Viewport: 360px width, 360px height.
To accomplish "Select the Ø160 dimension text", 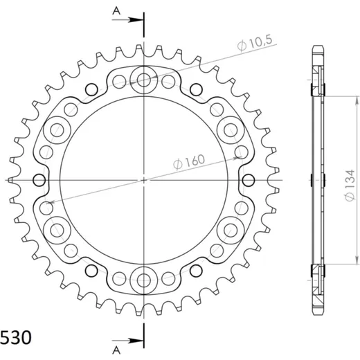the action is coord(189,161).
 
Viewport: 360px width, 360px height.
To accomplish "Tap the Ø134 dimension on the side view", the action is coord(350,186).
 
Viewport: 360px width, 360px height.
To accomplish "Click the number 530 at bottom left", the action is coord(16,338).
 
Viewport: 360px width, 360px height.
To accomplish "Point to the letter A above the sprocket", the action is coord(116,10).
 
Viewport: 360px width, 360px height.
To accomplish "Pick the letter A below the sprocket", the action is coord(116,350).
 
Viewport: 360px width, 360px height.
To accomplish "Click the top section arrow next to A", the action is coord(127,20).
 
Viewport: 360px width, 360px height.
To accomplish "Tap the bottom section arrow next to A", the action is coord(127,341).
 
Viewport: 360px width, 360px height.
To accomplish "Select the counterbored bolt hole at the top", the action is coord(144,80).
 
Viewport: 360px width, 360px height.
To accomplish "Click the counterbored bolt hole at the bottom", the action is coord(144,280).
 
